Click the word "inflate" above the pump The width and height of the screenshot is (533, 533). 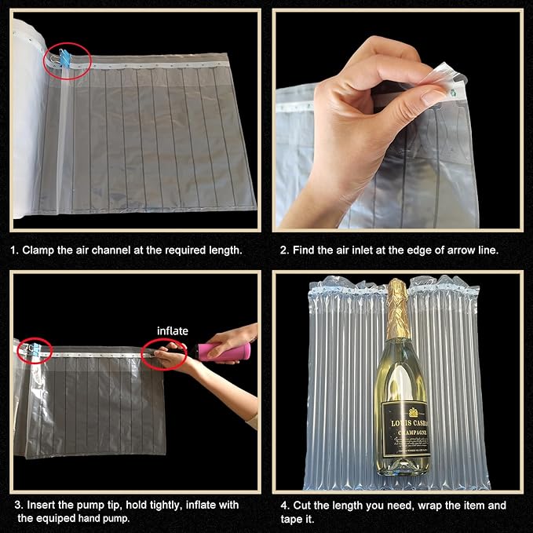173,330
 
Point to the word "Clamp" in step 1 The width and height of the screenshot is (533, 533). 39,250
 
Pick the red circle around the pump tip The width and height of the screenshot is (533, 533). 164,355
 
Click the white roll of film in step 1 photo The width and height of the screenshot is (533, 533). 27,118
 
